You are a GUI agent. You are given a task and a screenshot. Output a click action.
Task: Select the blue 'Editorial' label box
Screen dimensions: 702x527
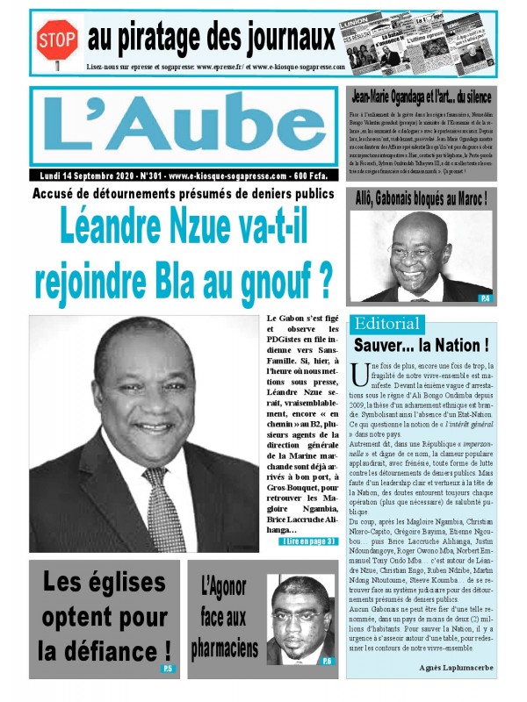pos(386,322)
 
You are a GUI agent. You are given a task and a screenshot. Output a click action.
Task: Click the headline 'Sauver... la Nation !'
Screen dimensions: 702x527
pos(421,345)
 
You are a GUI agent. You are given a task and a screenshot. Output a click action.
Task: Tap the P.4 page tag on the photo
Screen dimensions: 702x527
pos(484,299)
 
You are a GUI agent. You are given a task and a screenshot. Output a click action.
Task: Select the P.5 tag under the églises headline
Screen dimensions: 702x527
pos(167,670)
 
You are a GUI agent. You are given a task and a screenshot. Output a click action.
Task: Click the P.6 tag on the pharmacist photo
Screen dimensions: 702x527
pos(326,660)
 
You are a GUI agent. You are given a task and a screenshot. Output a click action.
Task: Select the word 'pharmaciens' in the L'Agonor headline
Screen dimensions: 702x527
pos(225,648)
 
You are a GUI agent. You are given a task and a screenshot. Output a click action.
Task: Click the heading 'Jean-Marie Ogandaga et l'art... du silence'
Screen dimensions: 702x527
pos(421,97)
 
